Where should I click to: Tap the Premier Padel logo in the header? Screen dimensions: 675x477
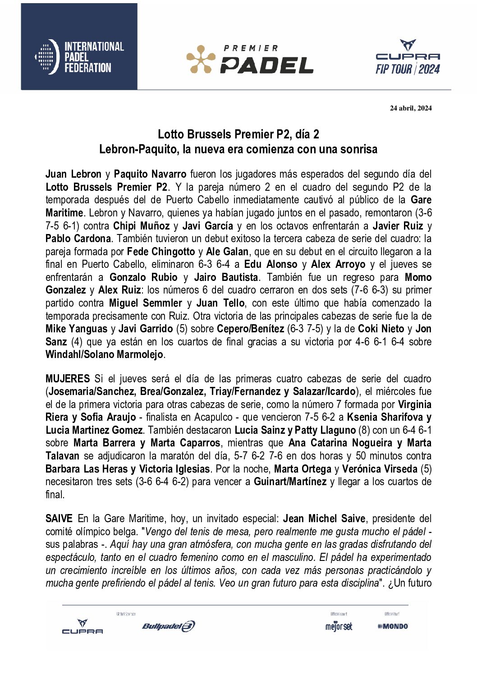point(250,59)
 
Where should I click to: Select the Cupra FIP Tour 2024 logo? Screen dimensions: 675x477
point(408,57)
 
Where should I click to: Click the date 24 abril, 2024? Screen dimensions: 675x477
point(410,108)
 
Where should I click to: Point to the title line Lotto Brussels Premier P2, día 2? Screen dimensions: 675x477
point(238,134)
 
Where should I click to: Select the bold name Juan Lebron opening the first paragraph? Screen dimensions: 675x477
point(73,174)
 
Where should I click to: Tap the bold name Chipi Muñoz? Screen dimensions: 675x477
point(141,226)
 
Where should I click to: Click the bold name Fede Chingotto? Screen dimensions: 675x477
point(161,252)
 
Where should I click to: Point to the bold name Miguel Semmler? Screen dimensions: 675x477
point(146,303)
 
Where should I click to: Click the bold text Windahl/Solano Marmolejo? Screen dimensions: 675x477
point(105,354)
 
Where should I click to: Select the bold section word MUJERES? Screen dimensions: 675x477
point(68,379)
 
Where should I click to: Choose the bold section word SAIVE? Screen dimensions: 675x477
point(59,519)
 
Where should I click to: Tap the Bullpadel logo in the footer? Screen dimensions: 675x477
point(168,626)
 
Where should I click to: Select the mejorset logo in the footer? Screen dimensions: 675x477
point(339,626)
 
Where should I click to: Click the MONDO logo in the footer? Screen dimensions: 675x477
point(393,626)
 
